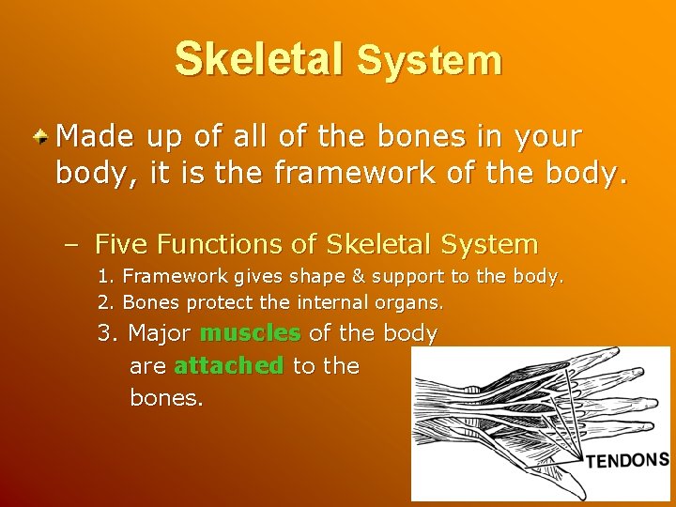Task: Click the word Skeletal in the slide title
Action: point(259,58)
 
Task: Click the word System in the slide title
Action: point(429,62)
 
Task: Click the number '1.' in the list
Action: point(107,278)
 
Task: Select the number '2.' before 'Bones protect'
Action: point(107,303)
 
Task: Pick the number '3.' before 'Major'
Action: point(109,333)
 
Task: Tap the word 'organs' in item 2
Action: point(409,303)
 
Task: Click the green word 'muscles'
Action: point(250,333)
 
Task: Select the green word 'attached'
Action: point(228,365)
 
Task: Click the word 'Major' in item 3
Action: point(160,333)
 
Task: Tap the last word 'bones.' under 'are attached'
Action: point(166,397)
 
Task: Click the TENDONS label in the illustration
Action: point(627,460)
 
